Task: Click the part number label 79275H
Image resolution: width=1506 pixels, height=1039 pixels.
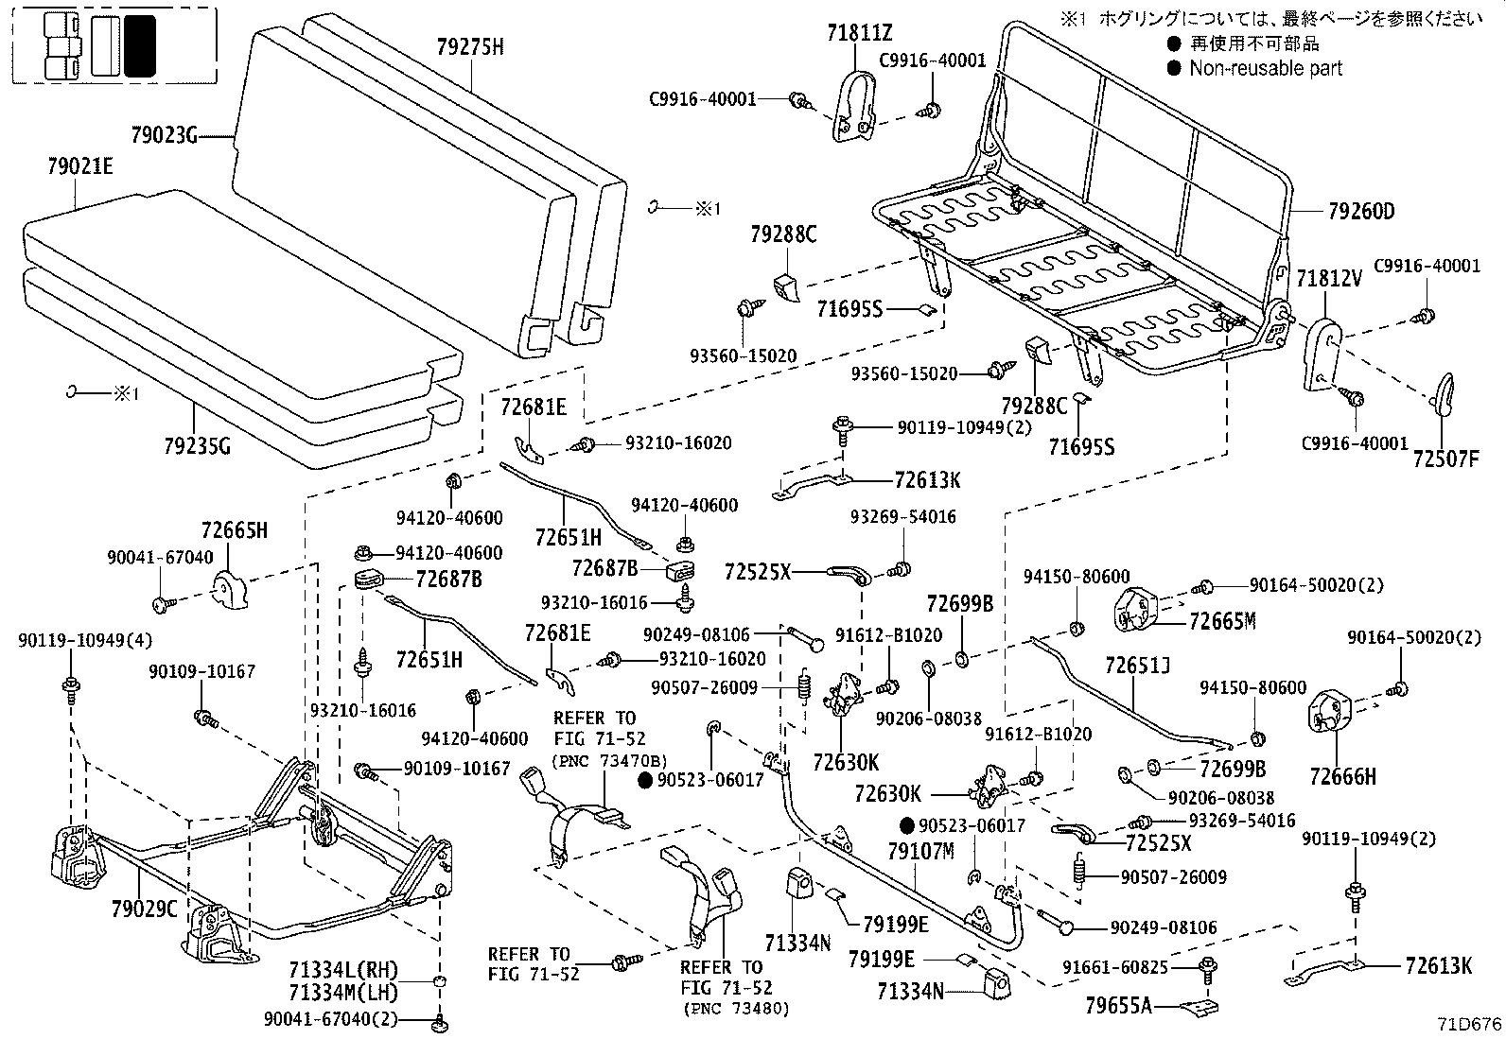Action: tap(470, 45)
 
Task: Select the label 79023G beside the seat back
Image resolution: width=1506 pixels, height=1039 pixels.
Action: tap(164, 136)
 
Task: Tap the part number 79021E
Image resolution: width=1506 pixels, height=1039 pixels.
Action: tap(79, 166)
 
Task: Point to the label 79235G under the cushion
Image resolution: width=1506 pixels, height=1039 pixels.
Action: tap(197, 444)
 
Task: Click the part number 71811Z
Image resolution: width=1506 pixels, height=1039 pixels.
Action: tap(859, 35)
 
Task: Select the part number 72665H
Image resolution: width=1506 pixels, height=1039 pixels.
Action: tap(234, 530)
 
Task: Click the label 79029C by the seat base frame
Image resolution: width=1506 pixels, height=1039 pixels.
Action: tap(144, 909)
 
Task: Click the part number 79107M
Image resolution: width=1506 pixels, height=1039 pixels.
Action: tap(920, 852)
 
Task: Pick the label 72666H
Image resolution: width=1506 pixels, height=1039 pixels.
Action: tap(1343, 776)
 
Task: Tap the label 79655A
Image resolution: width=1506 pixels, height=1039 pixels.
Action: tap(1119, 1005)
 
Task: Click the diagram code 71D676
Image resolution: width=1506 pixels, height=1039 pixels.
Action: tap(1465, 1023)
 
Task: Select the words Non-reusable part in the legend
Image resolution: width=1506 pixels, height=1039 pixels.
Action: tap(1266, 68)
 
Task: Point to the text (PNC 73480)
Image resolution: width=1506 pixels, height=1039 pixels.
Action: tap(734, 1008)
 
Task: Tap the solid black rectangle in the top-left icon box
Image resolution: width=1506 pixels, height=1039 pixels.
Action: tap(140, 45)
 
